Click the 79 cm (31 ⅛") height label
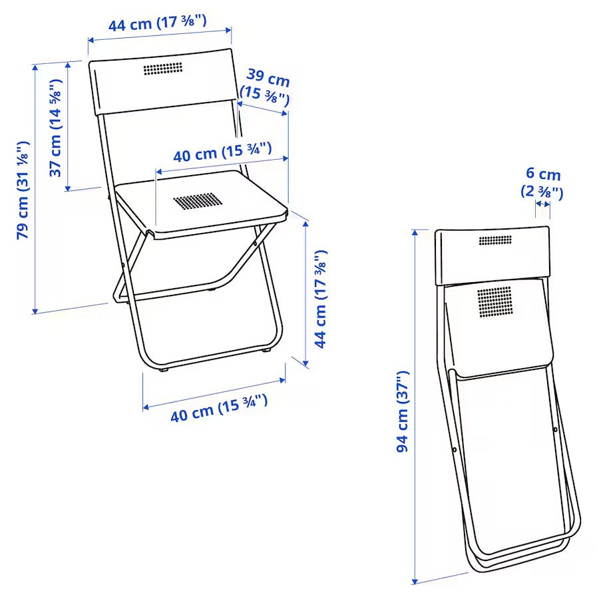coord(23,190)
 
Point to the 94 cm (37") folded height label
coord(403,412)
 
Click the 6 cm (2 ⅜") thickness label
coord(542,184)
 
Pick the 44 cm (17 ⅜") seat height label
coord(321,299)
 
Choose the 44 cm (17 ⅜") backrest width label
coord(158,23)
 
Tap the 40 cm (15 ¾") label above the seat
coord(222,152)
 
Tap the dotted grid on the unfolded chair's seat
coord(196,201)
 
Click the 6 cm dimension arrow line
coord(542,204)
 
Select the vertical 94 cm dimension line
coord(415,406)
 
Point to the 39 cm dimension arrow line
coord(264,108)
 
